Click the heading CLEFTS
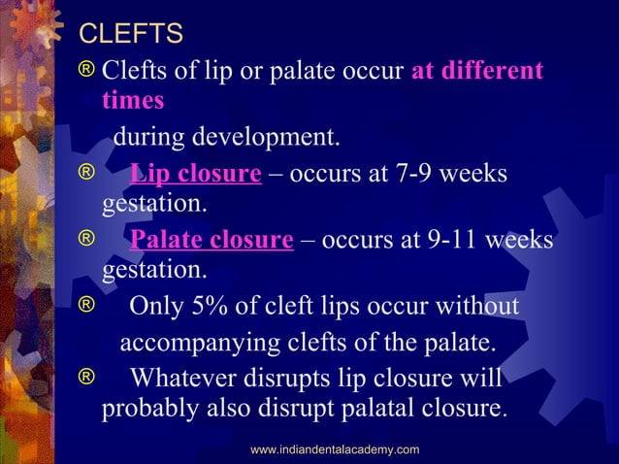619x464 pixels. click(x=130, y=35)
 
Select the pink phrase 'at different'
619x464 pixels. click(x=477, y=72)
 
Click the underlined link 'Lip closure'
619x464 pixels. click(x=195, y=175)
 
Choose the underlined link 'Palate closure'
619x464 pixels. click(x=212, y=240)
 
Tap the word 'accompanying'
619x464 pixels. click(x=193, y=343)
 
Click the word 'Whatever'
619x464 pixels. click(x=185, y=377)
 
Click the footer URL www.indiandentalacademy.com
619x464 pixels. click(x=335, y=449)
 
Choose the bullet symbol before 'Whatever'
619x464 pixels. click(x=88, y=376)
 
